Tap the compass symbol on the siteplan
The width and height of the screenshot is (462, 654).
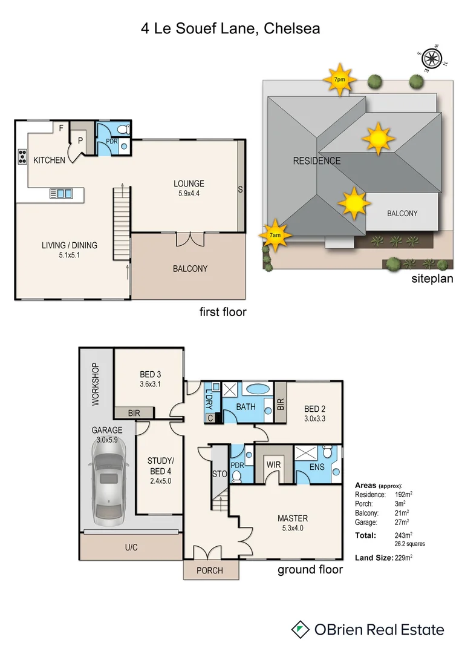click(x=431, y=58)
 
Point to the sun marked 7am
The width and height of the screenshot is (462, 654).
click(x=275, y=235)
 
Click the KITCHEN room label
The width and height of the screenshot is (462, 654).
click(x=49, y=160)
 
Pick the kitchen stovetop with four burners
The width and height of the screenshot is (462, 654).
click(x=22, y=156)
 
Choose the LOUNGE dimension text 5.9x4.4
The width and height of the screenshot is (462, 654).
click(x=189, y=194)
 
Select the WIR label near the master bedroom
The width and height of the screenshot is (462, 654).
click(x=275, y=465)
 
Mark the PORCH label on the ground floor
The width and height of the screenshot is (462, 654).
click(x=210, y=570)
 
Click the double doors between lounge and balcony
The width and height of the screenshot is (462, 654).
click(x=190, y=239)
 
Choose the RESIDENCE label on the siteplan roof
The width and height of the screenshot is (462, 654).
click(x=317, y=161)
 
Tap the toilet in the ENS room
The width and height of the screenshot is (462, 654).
click(x=328, y=453)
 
